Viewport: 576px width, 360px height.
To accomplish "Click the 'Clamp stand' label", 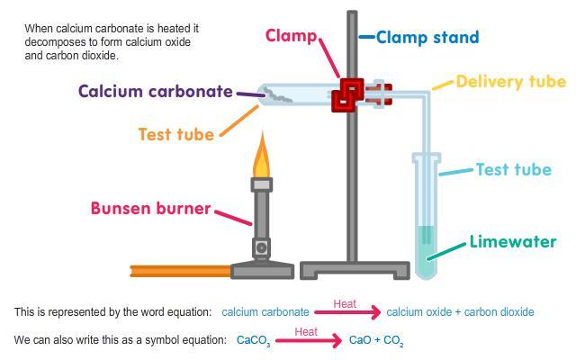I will tap(427, 38).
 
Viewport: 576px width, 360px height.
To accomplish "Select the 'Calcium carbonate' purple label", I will tap(155, 92).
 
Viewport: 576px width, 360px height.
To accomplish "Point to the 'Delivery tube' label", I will tap(510, 82).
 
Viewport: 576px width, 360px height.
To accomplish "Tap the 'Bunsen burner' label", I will tap(150, 209).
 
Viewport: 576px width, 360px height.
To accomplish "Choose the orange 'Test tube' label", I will tap(175, 135).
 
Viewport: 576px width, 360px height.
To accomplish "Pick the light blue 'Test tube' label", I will tap(513, 169).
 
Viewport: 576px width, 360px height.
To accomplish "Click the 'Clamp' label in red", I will tap(291, 36).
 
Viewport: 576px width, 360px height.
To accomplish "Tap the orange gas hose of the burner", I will tap(180, 269).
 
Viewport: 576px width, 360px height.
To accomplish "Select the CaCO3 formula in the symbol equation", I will tap(253, 341).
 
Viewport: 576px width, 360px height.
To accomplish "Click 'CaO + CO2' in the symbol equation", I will tap(376, 341).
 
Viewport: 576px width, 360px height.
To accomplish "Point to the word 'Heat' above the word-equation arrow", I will tap(345, 303).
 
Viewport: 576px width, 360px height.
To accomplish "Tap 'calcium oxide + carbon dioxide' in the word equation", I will tap(460, 312).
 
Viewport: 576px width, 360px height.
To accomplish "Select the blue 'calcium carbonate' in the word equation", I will tap(265, 312).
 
